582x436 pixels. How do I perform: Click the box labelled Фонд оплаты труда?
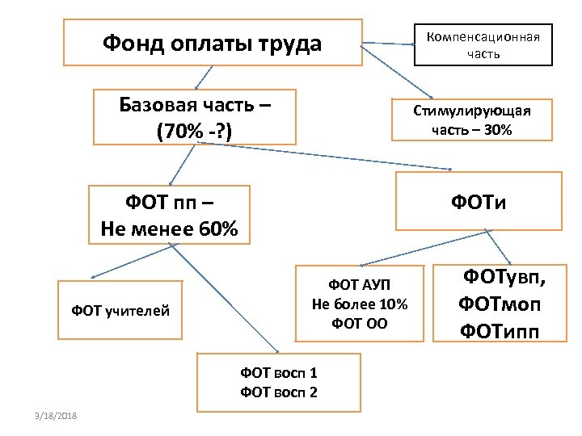coord(212,44)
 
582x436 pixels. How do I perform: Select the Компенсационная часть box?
coord(483,44)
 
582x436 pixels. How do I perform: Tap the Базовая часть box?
coord(195,117)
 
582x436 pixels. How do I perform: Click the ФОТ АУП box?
coord(360,304)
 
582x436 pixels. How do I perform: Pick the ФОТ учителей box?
coord(120,309)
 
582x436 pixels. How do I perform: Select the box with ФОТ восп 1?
coord(279,383)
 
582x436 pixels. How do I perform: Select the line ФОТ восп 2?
coord(279,393)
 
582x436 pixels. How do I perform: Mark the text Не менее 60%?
coord(170,229)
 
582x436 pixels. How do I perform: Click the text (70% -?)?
coord(195,131)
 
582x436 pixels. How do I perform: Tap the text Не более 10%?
coord(360,304)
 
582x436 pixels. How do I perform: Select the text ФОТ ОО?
coord(360,324)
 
